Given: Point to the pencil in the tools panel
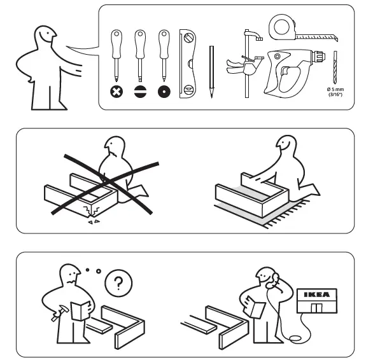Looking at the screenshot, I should (x=211, y=70).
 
